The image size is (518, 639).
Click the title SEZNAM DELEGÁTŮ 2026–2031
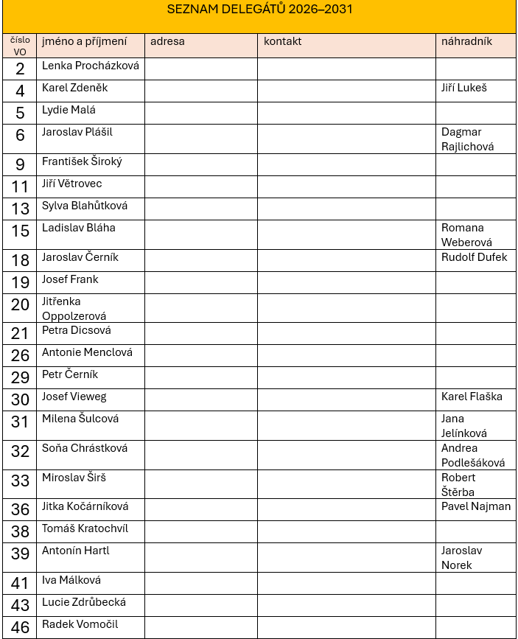pyautogui.click(x=259, y=10)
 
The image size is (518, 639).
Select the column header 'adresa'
pyautogui.click(x=167, y=41)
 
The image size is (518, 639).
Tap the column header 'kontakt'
pyautogui.click(x=283, y=41)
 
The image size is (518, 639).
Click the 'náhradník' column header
pyautogui.click(x=466, y=41)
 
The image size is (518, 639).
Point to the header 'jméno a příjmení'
pyautogui.click(x=84, y=41)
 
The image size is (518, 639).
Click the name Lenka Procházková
pyautogui.click(x=90, y=66)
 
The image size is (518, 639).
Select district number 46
pyautogui.click(x=20, y=628)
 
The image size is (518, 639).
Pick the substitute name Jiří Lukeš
pyautogui.click(x=463, y=88)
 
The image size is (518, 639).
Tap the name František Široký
pyautogui.click(x=82, y=161)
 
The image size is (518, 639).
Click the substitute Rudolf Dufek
pyautogui.click(x=474, y=257)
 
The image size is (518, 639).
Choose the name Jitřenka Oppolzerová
pyautogui.click(x=74, y=309)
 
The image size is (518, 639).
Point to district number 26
pyautogui.click(x=20, y=356)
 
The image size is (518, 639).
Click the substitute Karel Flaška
pyautogui.click(x=472, y=397)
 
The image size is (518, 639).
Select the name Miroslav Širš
pyautogui.click(x=74, y=478)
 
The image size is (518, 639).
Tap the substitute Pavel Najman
pyautogui.click(x=475, y=506)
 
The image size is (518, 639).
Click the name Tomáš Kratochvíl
pyautogui.click(x=85, y=528)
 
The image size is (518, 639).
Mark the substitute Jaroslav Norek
pyautogui.click(x=461, y=558)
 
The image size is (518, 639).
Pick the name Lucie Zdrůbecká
pyautogui.click(x=83, y=602)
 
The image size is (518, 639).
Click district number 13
pyautogui.click(x=20, y=209)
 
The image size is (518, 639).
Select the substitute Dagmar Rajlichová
pyautogui.click(x=467, y=139)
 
